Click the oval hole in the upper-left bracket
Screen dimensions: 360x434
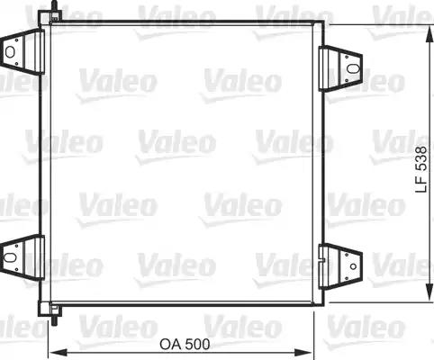tap(12, 52)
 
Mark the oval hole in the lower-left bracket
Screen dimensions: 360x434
tap(12, 255)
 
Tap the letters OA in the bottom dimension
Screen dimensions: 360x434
tap(168, 345)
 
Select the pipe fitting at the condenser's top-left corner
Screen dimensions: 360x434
tap(56, 13)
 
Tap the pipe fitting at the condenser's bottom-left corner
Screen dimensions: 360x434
tap(57, 315)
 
